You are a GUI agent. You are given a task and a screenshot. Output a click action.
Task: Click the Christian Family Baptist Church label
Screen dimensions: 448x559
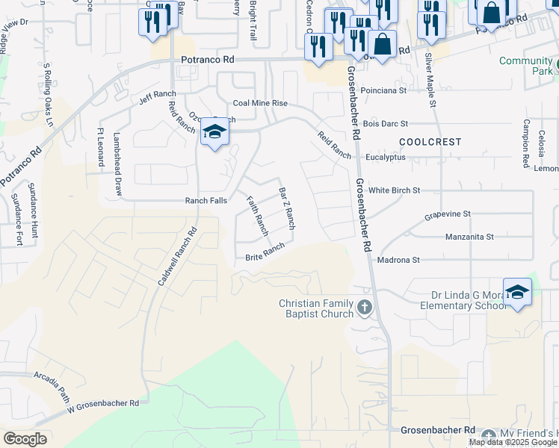pyautogui.click(x=315, y=308)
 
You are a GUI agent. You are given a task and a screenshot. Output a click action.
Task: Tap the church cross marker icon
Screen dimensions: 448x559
pyautogui.click(x=364, y=307)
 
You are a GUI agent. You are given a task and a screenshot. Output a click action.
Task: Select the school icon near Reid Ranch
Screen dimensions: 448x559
pyautogui.click(x=214, y=133)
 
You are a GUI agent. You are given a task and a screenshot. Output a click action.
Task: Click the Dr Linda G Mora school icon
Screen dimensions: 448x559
pyautogui.click(x=517, y=292)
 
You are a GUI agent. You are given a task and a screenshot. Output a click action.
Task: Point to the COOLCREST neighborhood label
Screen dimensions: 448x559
pyautogui.click(x=430, y=141)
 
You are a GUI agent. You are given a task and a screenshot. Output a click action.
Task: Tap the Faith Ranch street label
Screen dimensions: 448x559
pyautogui.click(x=257, y=217)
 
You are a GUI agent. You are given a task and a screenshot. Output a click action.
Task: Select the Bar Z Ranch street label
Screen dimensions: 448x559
pyautogui.click(x=287, y=208)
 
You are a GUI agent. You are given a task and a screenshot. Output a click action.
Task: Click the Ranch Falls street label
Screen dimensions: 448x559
pyautogui.click(x=206, y=201)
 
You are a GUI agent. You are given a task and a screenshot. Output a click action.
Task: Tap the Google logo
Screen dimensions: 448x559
pyautogui.click(x=25, y=438)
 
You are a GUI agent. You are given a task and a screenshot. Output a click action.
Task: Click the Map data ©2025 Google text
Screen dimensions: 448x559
pyautogui.click(x=513, y=442)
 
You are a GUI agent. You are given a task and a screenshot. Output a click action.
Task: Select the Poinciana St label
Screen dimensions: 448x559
pyautogui.click(x=383, y=90)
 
